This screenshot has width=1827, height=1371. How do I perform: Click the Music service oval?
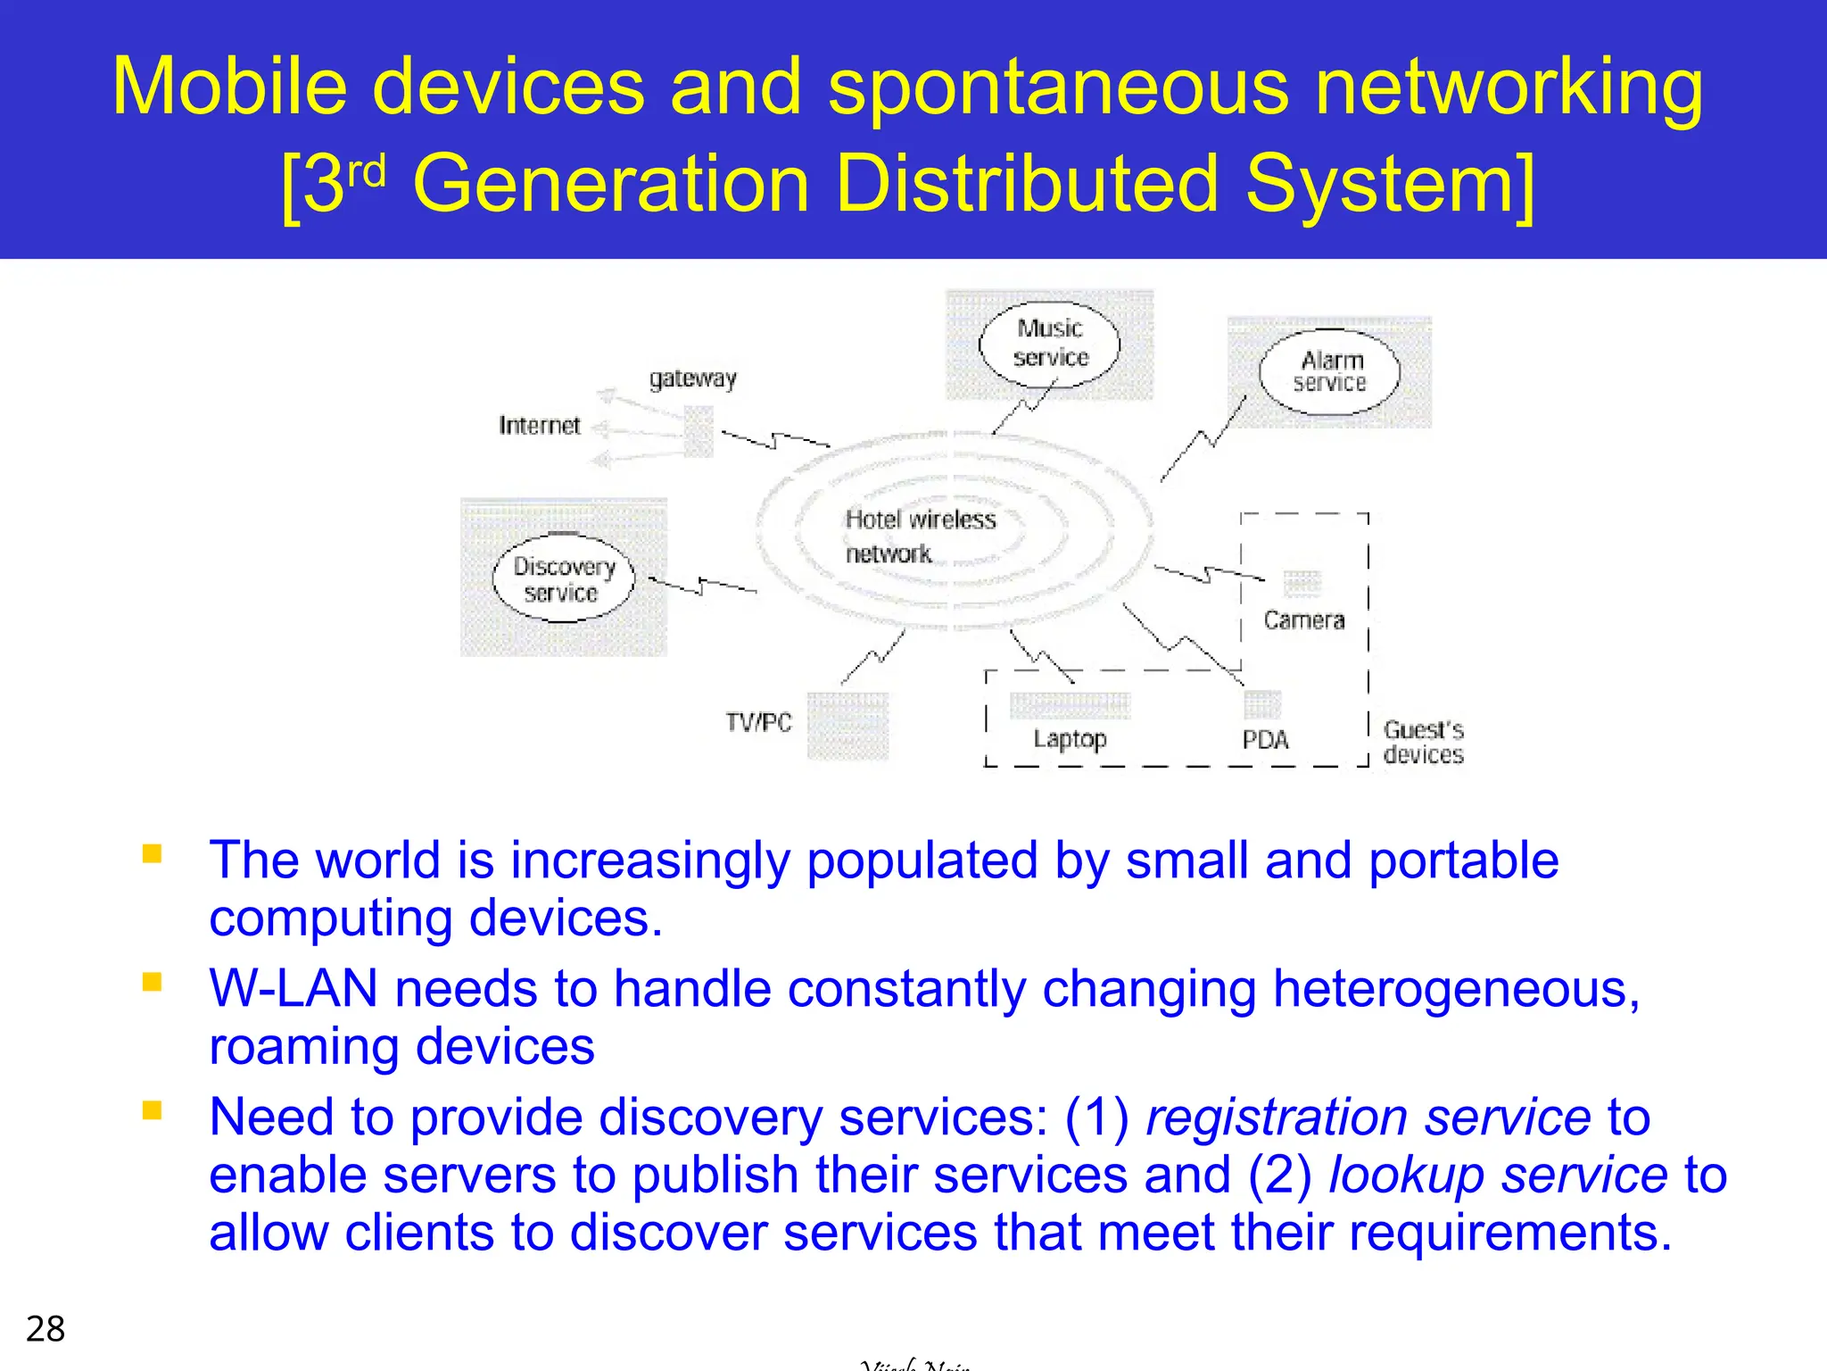pyautogui.click(x=1049, y=344)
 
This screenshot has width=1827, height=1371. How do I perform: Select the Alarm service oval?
pyautogui.click(x=1329, y=372)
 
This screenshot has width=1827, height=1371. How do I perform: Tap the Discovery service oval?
pyautogui.click(x=563, y=579)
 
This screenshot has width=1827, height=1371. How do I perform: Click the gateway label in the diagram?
pyautogui.click(x=692, y=378)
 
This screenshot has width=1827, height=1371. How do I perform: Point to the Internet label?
pyautogui.click(x=539, y=426)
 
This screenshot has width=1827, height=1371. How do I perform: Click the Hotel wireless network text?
pyautogui.click(x=919, y=536)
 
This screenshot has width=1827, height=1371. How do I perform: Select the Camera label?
pyautogui.click(x=1303, y=620)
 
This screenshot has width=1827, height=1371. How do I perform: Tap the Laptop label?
pyautogui.click(x=1070, y=739)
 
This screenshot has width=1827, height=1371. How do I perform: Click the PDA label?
pyautogui.click(x=1265, y=740)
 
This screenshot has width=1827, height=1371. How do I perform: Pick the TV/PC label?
pyautogui.click(x=758, y=722)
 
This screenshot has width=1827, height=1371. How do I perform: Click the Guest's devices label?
pyautogui.click(x=1423, y=743)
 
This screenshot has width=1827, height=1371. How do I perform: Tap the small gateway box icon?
pyautogui.click(x=699, y=431)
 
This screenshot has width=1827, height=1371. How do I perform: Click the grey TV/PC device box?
pyautogui.click(x=847, y=726)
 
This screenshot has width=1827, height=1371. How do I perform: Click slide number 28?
pyautogui.click(x=45, y=1329)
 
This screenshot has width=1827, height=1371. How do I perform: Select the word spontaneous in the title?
pyautogui.click(x=1058, y=87)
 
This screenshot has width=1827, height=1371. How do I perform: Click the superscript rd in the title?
pyautogui.click(x=366, y=170)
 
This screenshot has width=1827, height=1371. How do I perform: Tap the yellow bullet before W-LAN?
pyautogui.click(x=153, y=983)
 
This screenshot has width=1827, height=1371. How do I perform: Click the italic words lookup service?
pyautogui.click(x=1497, y=1175)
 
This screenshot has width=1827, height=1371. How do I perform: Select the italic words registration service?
pyautogui.click(x=1368, y=1118)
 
